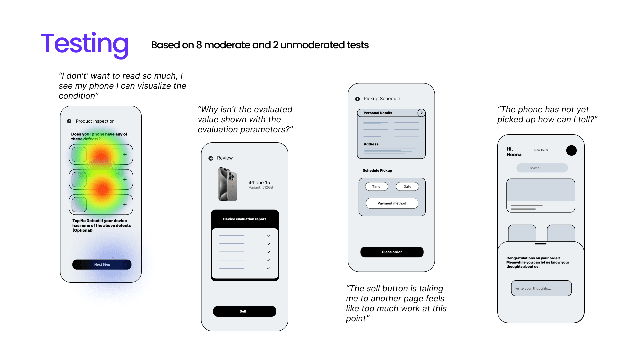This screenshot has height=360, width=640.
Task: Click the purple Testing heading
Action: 85,44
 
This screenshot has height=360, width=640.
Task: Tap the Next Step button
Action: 102,265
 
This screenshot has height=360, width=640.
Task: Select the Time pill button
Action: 376,187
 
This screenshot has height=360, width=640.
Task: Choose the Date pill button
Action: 407,187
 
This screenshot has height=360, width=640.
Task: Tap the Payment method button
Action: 392,203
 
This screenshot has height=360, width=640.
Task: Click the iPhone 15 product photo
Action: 228,184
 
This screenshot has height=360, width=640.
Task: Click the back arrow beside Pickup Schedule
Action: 357,99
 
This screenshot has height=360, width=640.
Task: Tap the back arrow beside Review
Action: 211,158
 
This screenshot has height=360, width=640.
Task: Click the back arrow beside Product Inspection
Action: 69,121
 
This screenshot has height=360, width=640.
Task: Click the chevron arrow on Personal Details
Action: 421,113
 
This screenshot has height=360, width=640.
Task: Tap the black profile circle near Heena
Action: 571,151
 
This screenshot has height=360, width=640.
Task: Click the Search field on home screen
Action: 542,168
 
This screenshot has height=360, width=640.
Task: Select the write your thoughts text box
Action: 541,288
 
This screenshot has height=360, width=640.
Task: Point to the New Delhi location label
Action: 541,150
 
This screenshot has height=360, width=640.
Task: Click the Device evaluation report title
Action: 244,219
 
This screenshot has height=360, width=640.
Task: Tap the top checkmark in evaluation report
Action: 269,236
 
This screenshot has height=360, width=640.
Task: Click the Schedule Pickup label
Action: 377,171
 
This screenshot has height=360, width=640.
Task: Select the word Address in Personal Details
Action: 371,144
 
